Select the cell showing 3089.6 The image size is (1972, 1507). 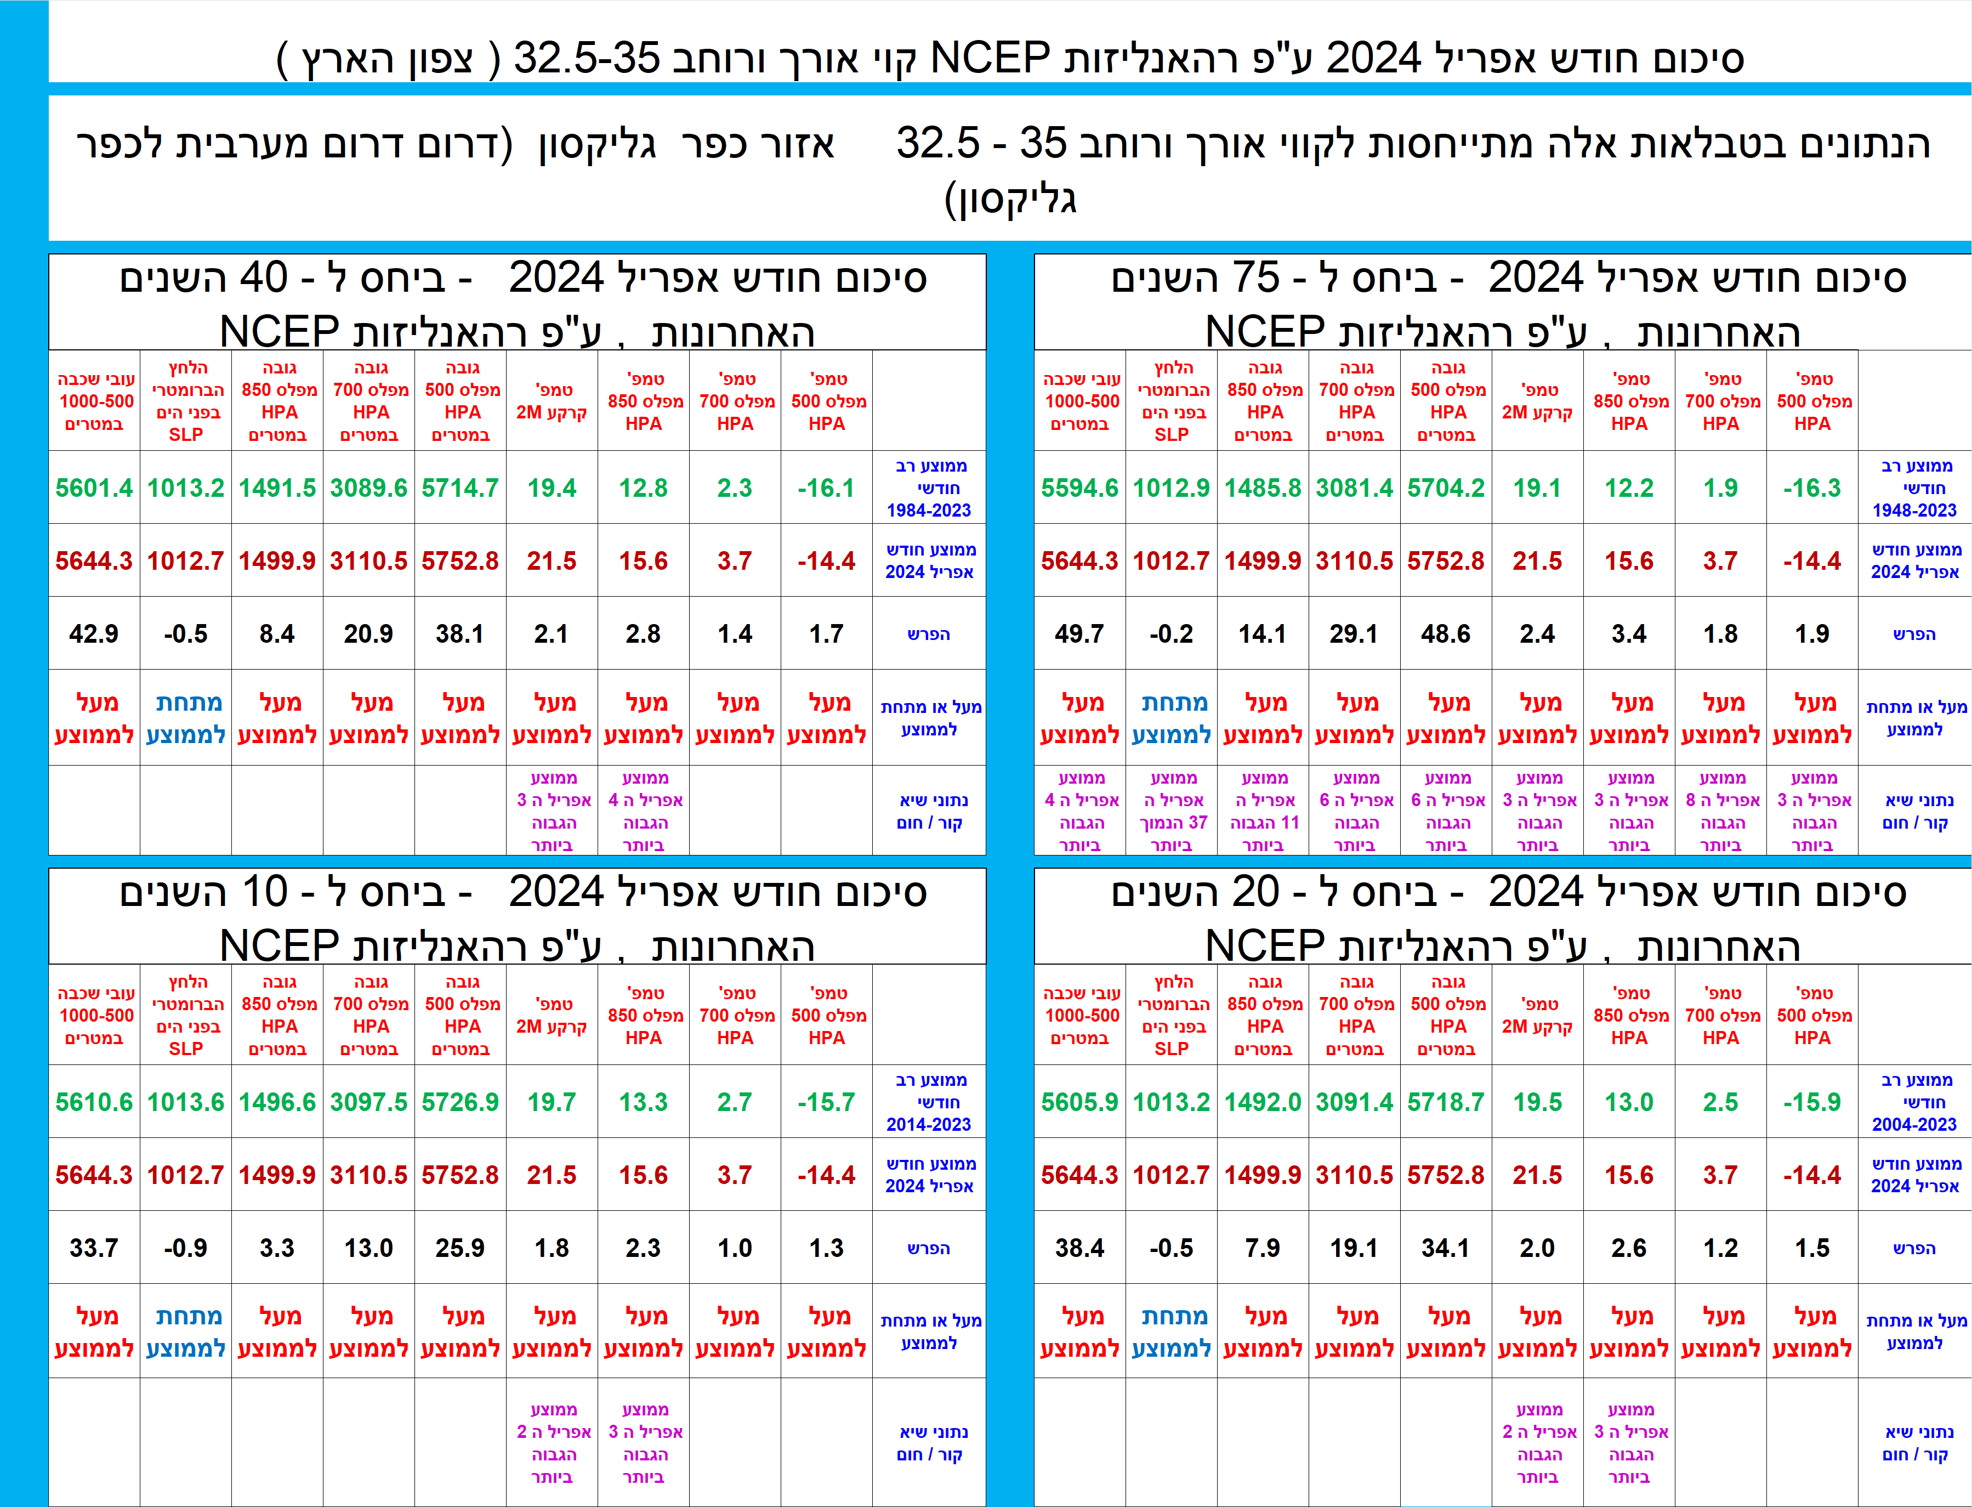368,488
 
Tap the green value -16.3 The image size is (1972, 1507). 1811,488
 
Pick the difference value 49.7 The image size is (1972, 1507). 1079,634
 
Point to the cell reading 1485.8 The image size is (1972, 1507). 1263,488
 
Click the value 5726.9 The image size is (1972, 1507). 460,1102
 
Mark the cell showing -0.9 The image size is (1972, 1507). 186,1248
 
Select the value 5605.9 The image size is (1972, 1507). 1079,1102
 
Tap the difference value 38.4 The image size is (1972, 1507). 1079,1248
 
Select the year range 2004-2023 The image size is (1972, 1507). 1914,1124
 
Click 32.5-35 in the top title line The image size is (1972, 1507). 587,58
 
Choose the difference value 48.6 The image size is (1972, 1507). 1446,634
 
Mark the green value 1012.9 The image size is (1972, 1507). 1171,488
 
